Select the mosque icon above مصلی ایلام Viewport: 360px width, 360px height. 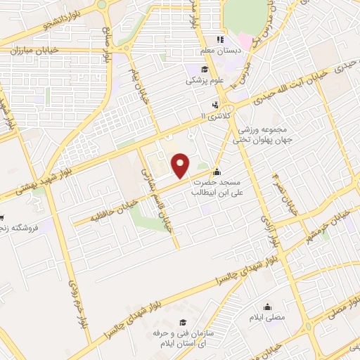267,307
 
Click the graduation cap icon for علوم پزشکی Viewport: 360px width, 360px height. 205,70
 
